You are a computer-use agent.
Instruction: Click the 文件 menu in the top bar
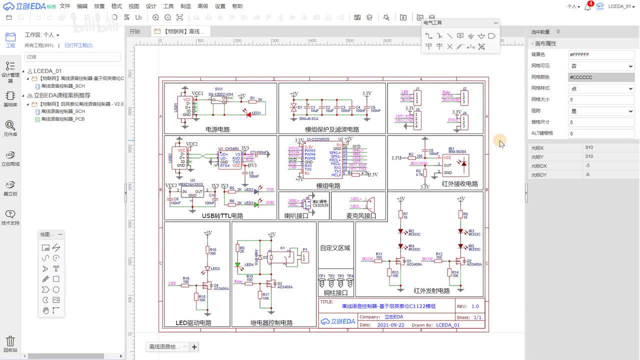pyautogui.click(x=65, y=6)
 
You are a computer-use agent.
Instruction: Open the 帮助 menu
pyautogui.click(x=237, y=6)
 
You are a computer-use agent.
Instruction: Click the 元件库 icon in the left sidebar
pyautogui.click(x=10, y=128)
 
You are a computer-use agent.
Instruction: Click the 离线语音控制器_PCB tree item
pyautogui.click(x=62, y=119)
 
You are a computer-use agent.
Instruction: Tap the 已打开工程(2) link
pyautogui.click(x=78, y=45)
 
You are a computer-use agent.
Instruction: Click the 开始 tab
pyautogui.click(x=135, y=31)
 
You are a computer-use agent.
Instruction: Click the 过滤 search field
pyautogui.click(x=72, y=57)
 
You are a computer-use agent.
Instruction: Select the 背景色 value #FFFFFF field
pyautogui.click(x=601, y=54)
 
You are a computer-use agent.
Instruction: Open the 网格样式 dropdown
pyautogui.click(x=601, y=88)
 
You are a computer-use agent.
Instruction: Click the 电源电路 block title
pyautogui.click(x=217, y=129)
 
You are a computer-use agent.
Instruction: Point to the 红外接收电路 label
pyautogui.click(x=459, y=184)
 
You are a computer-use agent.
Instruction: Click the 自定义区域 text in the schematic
pyautogui.click(x=335, y=248)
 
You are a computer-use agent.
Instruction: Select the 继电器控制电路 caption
pyautogui.click(x=271, y=323)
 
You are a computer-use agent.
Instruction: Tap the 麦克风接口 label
pyautogui.click(x=361, y=216)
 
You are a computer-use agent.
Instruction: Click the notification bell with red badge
pyautogui.click(x=588, y=7)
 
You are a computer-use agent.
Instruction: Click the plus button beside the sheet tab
pyautogui.click(x=194, y=347)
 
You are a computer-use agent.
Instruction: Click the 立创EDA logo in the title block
pyautogui.click(x=338, y=321)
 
